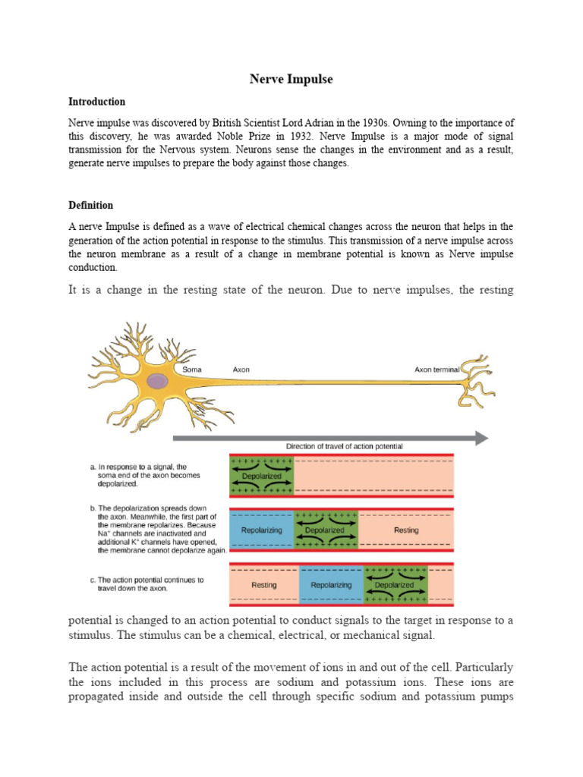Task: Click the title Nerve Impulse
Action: (x=291, y=79)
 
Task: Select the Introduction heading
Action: (x=96, y=102)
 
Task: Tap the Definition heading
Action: (x=90, y=205)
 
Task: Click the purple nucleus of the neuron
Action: (x=157, y=381)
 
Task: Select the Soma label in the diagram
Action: (x=192, y=370)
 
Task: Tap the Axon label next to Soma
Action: (x=241, y=370)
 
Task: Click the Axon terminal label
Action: (x=436, y=370)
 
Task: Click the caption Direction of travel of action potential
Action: (x=344, y=447)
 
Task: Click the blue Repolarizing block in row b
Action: (x=261, y=530)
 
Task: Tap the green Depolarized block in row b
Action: (x=325, y=530)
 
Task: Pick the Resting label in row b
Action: (x=406, y=530)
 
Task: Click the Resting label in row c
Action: (x=263, y=585)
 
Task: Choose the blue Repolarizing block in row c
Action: (x=332, y=585)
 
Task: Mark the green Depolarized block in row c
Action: (x=395, y=585)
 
